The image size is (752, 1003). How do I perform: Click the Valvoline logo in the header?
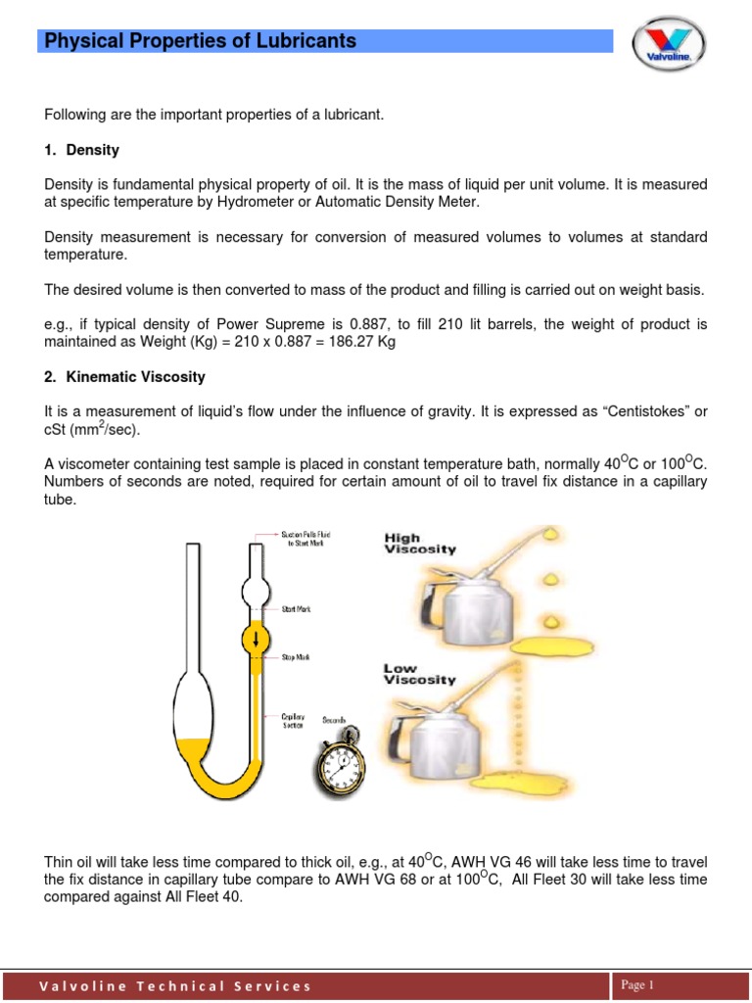click(x=670, y=47)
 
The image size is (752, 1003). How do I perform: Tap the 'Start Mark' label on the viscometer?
click(x=296, y=609)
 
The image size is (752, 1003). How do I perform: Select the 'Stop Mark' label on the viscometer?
click(x=296, y=657)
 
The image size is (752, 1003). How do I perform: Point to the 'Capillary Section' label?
click(x=294, y=721)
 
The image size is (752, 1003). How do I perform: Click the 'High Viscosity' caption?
click(x=420, y=544)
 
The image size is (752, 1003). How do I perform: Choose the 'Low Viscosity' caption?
click(x=420, y=673)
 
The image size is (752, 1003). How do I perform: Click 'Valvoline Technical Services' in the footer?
click(x=175, y=986)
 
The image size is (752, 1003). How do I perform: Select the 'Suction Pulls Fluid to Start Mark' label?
click(x=306, y=538)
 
